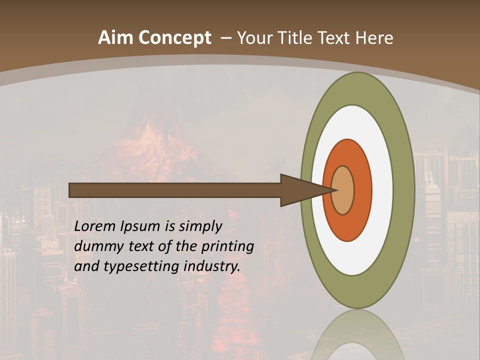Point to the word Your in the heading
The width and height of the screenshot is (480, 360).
pos(254,38)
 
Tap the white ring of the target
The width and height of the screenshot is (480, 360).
pos(382,190)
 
